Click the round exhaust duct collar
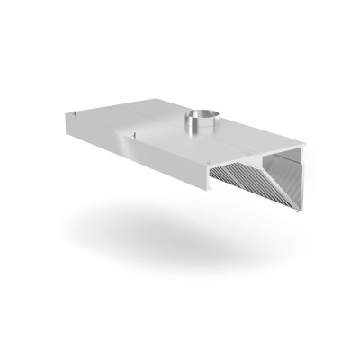(x=202, y=119)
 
